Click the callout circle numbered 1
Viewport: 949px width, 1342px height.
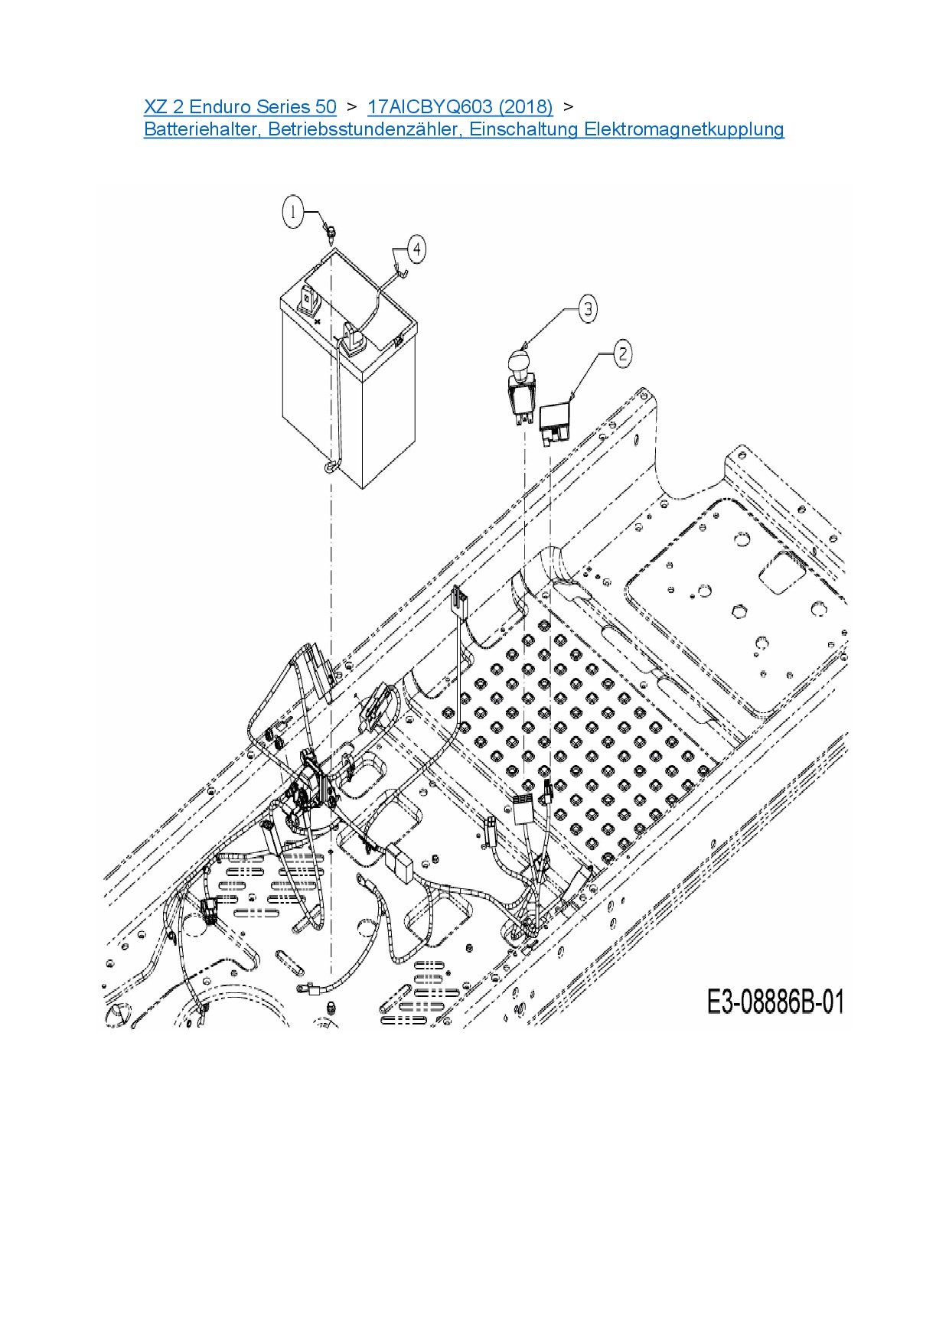pyautogui.click(x=293, y=212)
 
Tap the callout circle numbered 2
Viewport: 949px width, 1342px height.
pyautogui.click(x=622, y=353)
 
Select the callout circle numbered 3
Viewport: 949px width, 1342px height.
pyautogui.click(x=587, y=309)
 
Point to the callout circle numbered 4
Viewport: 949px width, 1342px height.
pyautogui.click(x=416, y=249)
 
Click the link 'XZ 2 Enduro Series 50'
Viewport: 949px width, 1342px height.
pyautogui.click(x=240, y=106)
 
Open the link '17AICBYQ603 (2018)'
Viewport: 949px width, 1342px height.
pyautogui.click(x=460, y=106)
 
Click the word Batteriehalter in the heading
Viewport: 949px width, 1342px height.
pyautogui.click(x=202, y=129)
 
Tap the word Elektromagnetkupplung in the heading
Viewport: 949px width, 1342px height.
pyautogui.click(x=683, y=129)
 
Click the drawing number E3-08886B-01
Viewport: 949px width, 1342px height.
pyautogui.click(x=775, y=1002)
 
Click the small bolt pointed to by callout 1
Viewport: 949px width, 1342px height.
pyautogui.click(x=331, y=230)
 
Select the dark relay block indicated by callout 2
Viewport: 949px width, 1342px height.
pyautogui.click(x=555, y=418)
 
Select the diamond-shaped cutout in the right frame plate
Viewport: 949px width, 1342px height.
pyautogui.click(x=779, y=572)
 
